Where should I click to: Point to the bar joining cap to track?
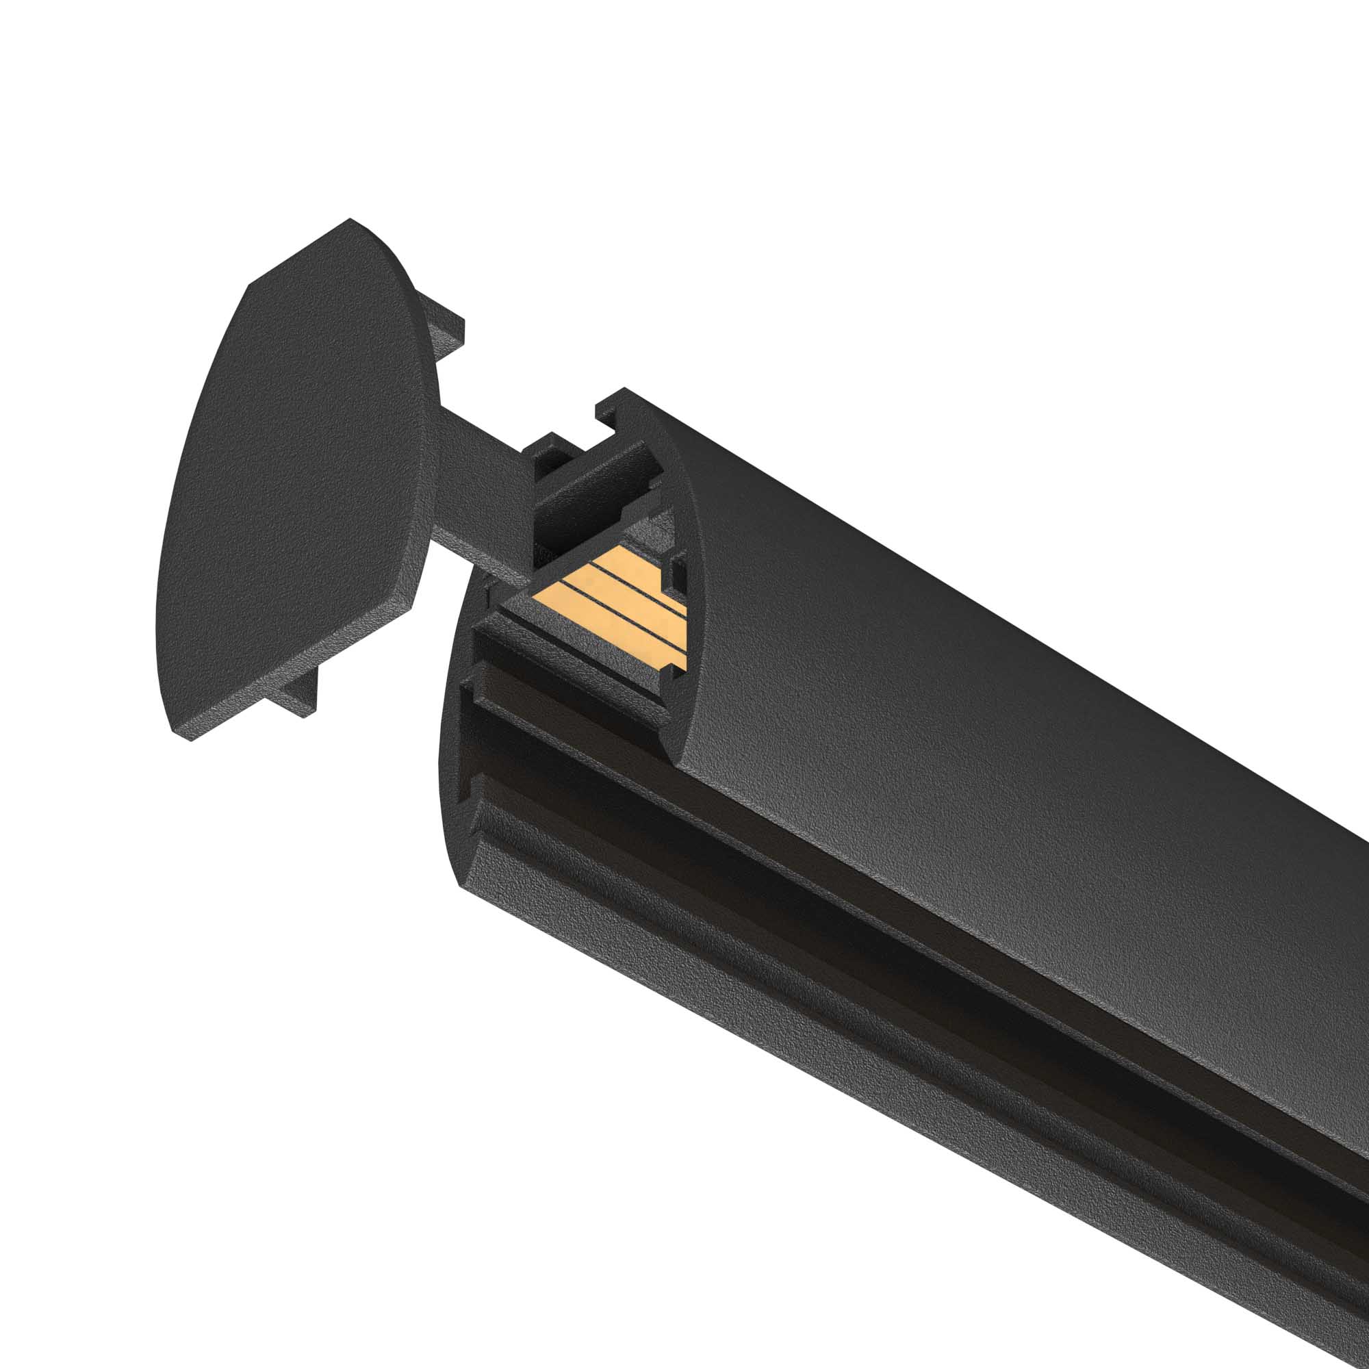coord(482,496)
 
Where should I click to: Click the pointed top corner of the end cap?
coord(349,220)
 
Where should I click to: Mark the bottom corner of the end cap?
coord(181,737)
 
